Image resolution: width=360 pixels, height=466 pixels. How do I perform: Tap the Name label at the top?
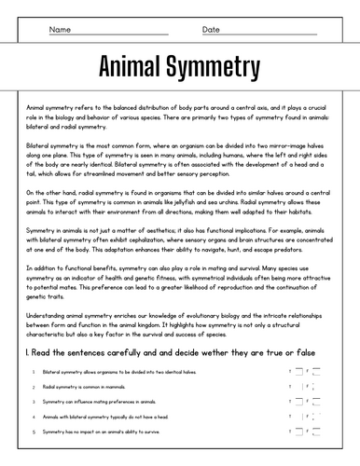tap(60, 30)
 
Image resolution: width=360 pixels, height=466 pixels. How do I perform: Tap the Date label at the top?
tap(212, 30)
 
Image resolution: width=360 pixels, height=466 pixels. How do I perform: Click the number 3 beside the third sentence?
tap(33, 402)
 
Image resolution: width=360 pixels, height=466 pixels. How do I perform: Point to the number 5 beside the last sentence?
tap(33, 432)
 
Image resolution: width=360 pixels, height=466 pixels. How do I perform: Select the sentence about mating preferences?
tap(104, 402)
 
